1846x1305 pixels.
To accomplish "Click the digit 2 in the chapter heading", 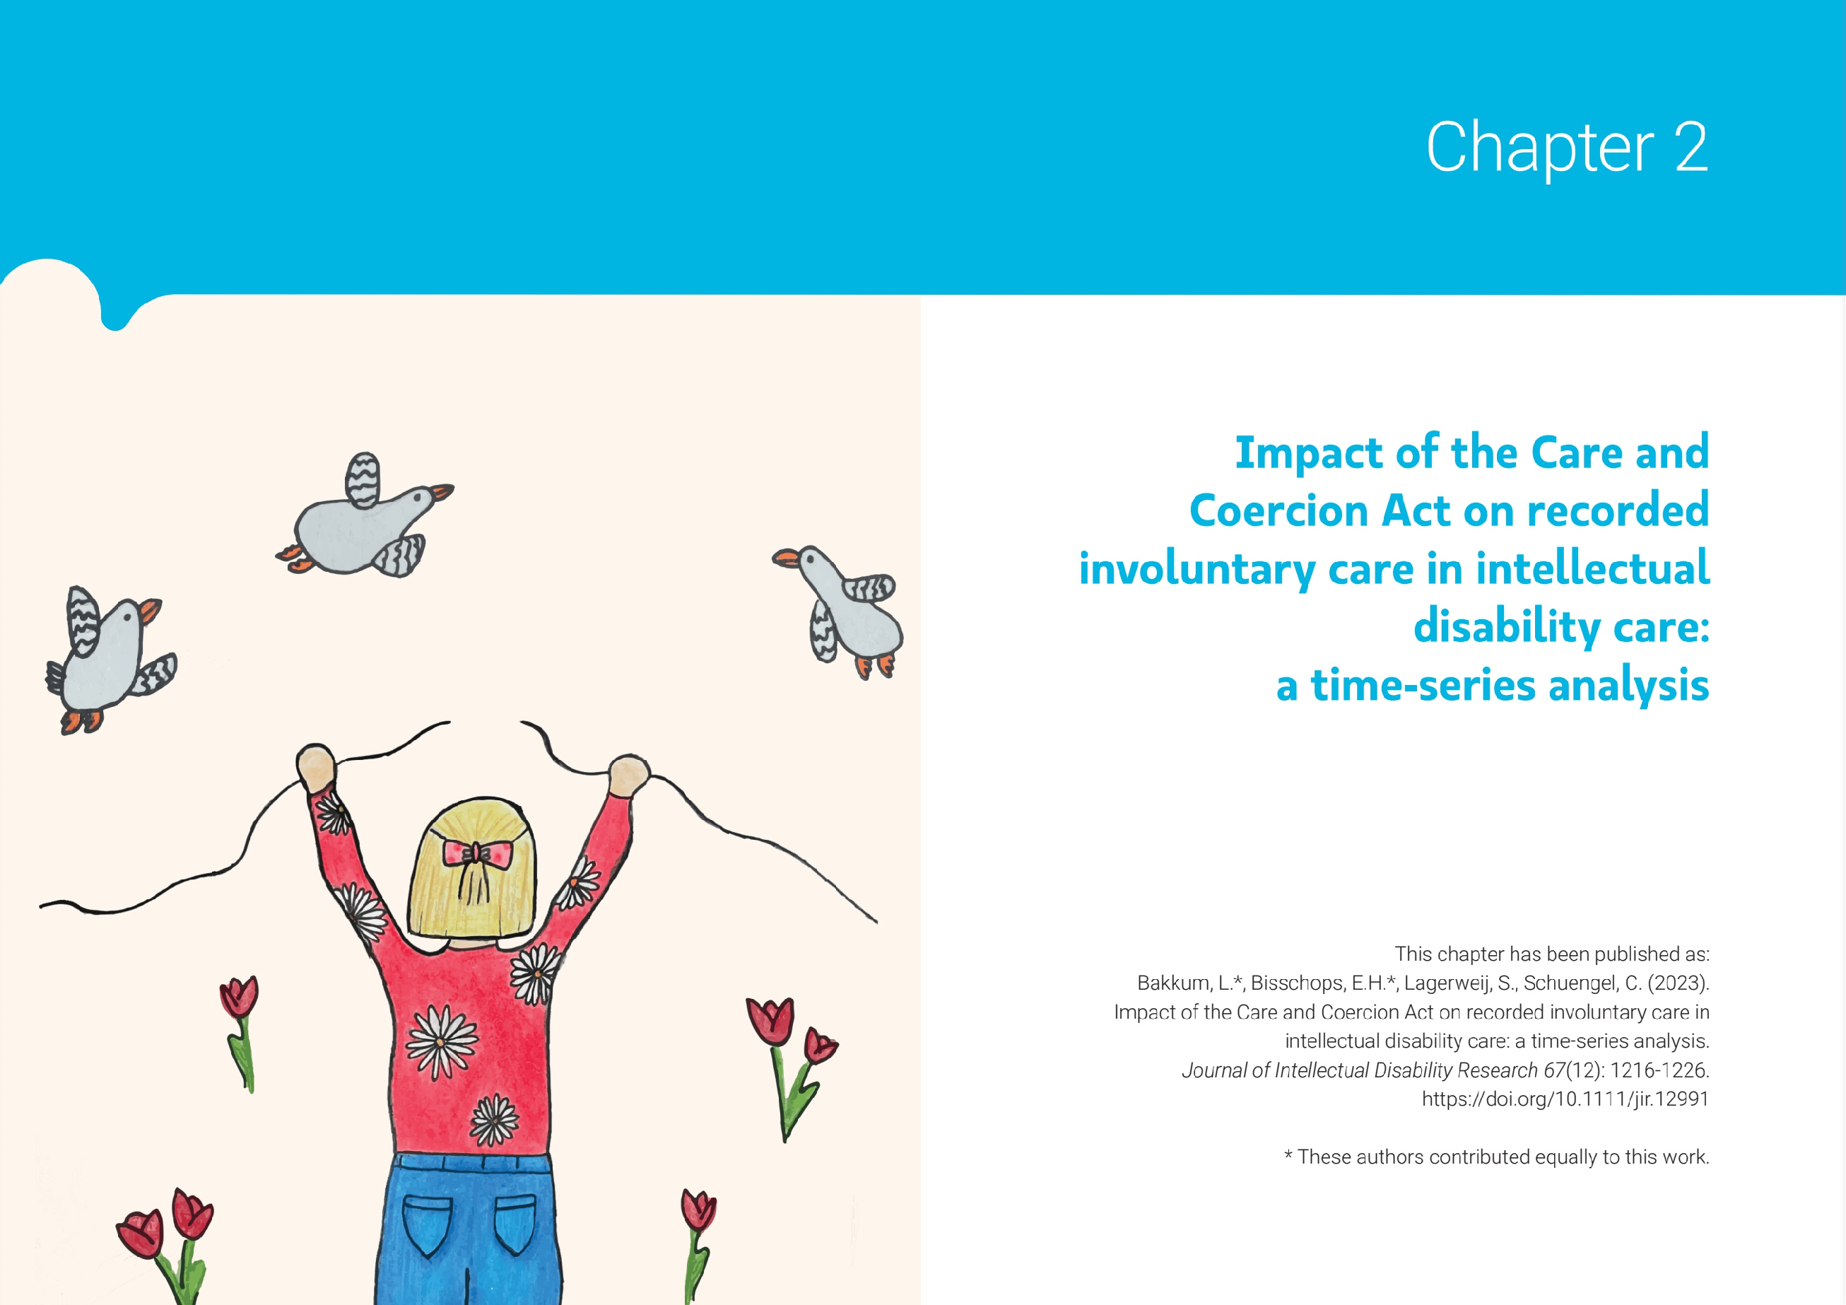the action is point(1691,147).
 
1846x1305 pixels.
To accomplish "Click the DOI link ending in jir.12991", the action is point(1565,1099).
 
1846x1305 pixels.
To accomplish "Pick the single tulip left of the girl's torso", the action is point(240,1034).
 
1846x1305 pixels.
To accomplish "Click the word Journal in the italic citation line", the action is point(1213,1070).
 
